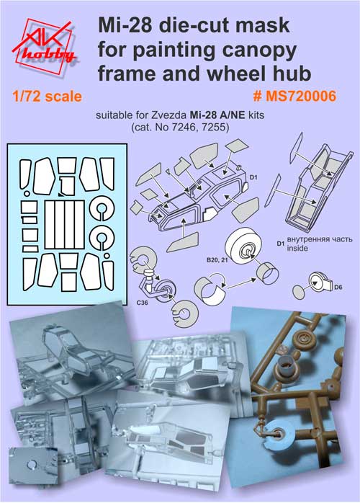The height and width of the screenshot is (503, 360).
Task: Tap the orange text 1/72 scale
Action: click(47, 97)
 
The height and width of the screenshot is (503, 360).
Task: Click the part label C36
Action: click(142, 302)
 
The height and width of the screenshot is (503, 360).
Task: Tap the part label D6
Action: click(338, 287)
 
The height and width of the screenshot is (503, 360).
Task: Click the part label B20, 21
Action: click(217, 260)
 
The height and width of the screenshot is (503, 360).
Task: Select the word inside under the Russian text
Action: click(297, 248)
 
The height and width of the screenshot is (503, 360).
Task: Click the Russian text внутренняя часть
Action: click(320, 239)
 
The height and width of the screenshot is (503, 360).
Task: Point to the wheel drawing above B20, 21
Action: click(243, 246)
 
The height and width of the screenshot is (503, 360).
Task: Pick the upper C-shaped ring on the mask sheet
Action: click(102, 208)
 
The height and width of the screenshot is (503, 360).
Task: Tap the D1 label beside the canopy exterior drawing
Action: click(253, 177)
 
